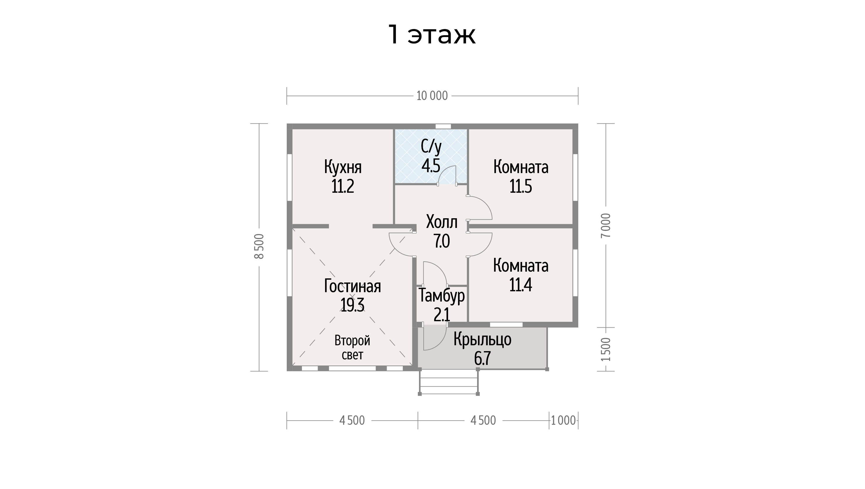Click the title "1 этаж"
[432, 34]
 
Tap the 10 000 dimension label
[432, 96]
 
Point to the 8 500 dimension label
[259, 246]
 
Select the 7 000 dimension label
[606, 225]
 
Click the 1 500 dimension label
[606, 349]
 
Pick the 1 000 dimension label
[564, 420]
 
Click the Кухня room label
[343, 167]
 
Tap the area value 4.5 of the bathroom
[431, 165]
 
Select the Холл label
[442, 222]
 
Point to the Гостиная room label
[352, 286]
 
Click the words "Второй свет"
[352, 348]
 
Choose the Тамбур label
[442, 296]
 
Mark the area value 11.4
[521, 285]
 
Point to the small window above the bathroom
[443, 126]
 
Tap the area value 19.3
[352, 305]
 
